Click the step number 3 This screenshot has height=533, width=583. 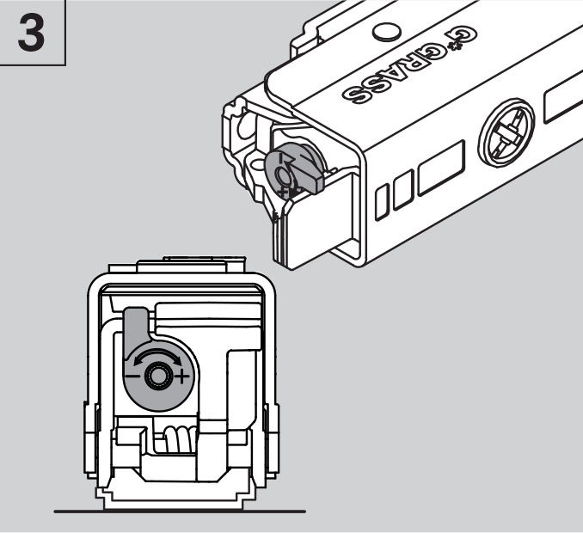pyautogui.click(x=31, y=33)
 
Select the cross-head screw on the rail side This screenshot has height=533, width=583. pyautogui.click(x=506, y=132)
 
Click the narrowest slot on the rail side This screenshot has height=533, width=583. pyautogui.click(x=382, y=204)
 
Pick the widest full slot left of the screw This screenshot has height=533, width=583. pyautogui.click(x=442, y=168)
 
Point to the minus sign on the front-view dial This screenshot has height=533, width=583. pyautogui.click(x=132, y=377)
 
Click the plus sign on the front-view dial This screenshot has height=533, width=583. pyautogui.click(x=181, y=377)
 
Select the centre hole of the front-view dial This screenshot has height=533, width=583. pyautogui.click(x=157, y=377)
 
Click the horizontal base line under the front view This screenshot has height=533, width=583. pyautogui.click(x=180, y=512)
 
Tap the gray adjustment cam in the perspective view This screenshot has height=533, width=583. pyautogui.click(x=294, y=168)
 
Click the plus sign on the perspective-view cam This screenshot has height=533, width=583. pyautogui.click(x=283, y=193)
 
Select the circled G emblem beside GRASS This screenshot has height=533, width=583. pyautogui.click(x=463, y=37)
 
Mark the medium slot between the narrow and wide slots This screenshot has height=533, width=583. pyautogui.click(x=403, y=189)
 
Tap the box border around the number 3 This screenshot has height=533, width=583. pyautogui.click(x=66, y=33)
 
